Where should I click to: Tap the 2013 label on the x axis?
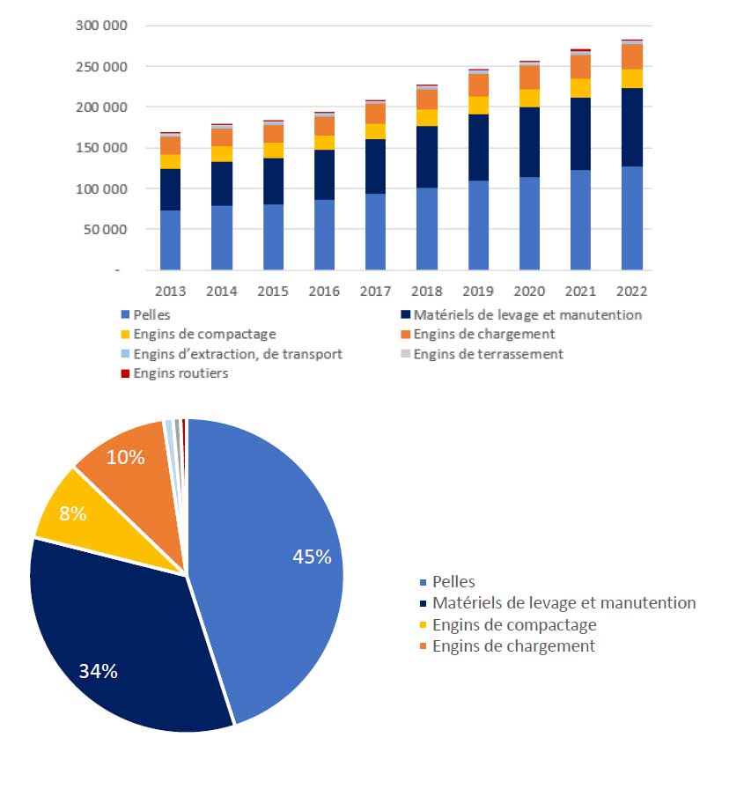[x=171, y=291]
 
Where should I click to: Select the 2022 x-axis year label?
[x=632, y=291]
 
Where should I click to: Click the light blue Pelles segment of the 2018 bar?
[x=427, y=229]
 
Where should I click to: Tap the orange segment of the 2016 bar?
[x=324, y=126]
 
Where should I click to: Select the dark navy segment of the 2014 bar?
[x=222, y=183]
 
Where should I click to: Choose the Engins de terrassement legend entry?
[x=488, y=354]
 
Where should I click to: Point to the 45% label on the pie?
[x=312, y=557]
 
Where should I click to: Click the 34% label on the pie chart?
[x=98, y=671]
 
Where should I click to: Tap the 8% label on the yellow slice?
[x=71, y=514]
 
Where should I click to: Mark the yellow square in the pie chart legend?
[x=424, y=625]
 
